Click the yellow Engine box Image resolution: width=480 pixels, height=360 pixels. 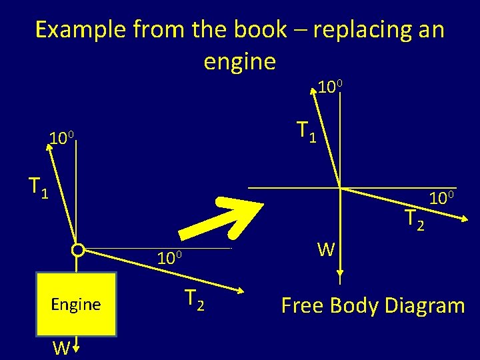[76, 304]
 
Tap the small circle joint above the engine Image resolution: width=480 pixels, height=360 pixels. [77, 251]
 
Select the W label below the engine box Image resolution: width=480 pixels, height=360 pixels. [61, 347]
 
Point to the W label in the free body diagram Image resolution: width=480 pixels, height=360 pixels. [326, 250]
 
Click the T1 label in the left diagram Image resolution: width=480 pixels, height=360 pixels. [38, 187]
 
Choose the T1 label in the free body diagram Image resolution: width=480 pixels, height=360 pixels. [306, 131]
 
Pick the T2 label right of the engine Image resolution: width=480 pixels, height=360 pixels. [194, 301]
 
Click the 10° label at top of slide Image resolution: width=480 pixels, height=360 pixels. [330, 87]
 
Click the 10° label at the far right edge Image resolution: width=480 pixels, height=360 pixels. [441, 198]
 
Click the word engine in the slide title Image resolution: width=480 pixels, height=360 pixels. [239, 61]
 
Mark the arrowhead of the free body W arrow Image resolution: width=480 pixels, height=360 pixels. [340, 273]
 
